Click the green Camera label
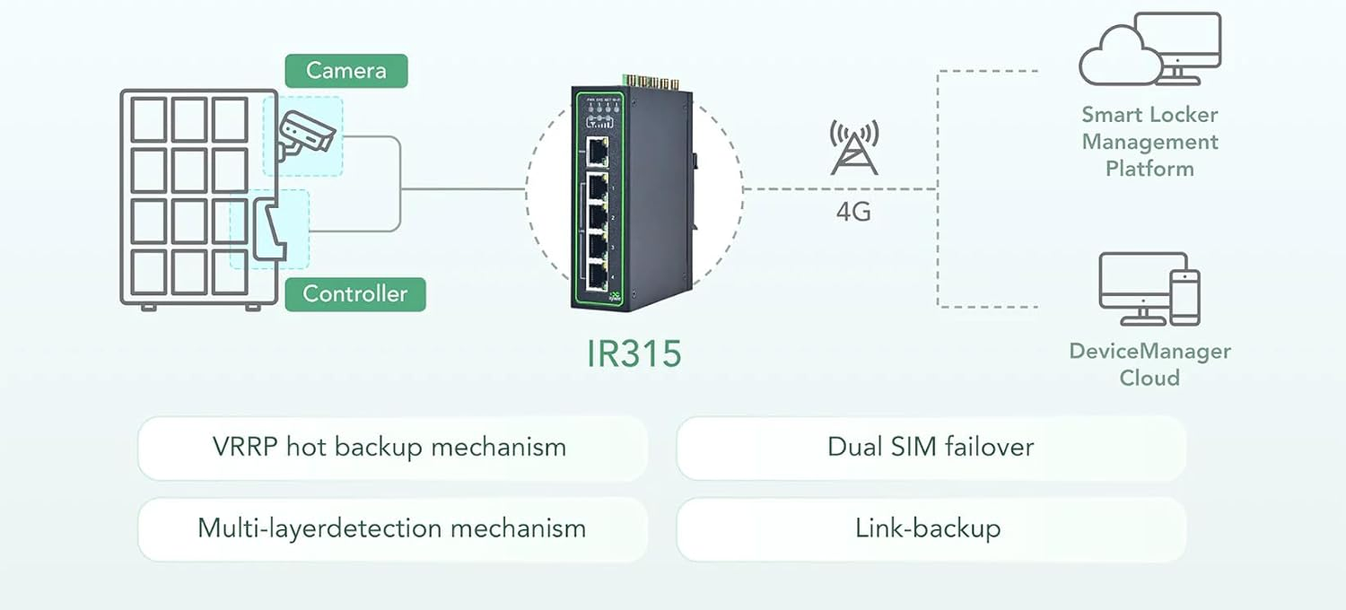point(346,71)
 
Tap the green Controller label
point(355,294)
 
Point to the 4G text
point(853,211)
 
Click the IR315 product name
point(633,354)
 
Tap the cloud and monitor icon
point(1149,50)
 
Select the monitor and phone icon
point(1149,288)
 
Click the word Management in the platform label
point(1149,142)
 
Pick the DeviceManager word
point(1149,351)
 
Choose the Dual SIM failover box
point(930,448)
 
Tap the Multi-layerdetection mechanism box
point(391,528)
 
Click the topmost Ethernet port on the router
point(597,152)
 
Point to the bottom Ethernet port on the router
point(597,277)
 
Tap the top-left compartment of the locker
point(149,120)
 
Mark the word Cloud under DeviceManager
point(1149,378)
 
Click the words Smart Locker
point(1149,115)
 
